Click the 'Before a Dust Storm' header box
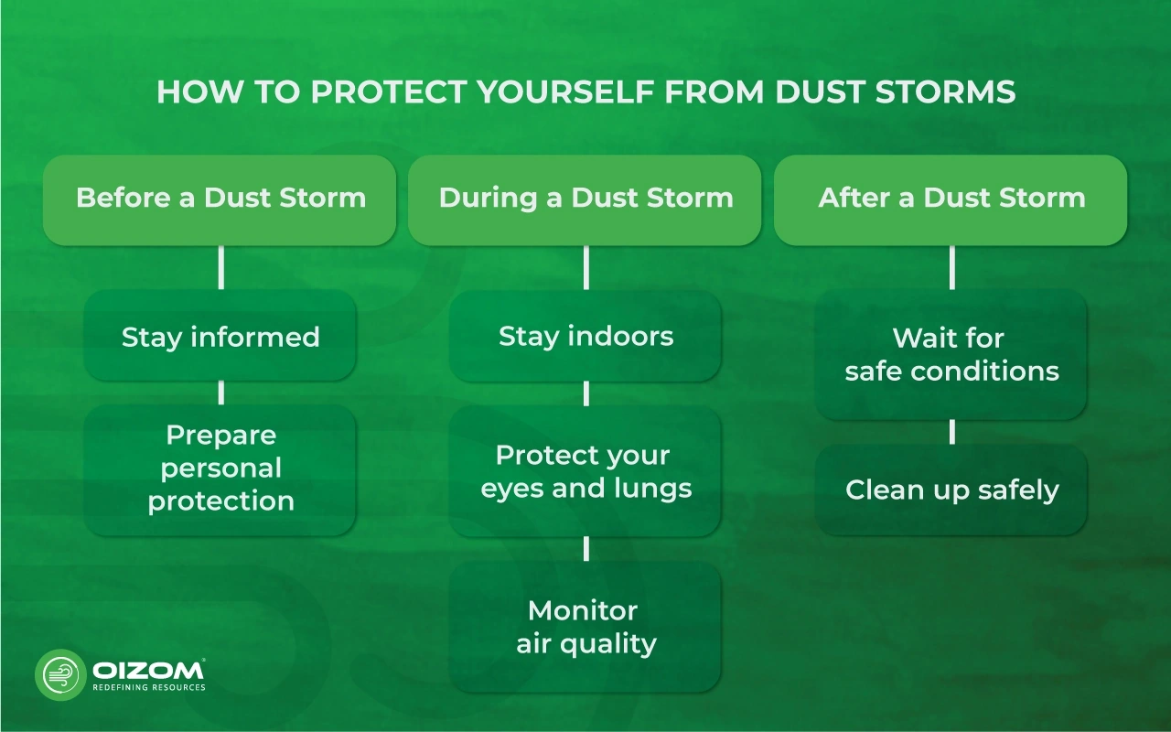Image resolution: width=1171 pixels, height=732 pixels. pyautogui.click(x=220, y=199)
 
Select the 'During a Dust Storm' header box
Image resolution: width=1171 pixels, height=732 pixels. pyautogui.click(x=585, y=199)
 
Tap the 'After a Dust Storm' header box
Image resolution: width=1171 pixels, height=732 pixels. pyautogui.click(x=951, y=199)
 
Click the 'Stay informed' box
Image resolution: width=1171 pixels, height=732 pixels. pyautogui.click(x=220, y=336)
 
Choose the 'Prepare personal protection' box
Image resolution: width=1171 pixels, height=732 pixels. pyautogui.click(x=220, y=468)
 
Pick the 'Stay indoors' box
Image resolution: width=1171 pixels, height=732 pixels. pyautogui.click(x=585, y=336)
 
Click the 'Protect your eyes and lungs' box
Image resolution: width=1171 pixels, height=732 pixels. pyautogui.click(x=585, y=471)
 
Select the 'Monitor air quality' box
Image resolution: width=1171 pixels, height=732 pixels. pyautogui.click(x=585, y=627)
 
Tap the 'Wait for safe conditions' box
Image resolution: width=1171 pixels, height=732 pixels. pyautogui.click(x=951, y=354)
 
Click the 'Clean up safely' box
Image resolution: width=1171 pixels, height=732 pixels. pyautogui.click(x=951, y=490)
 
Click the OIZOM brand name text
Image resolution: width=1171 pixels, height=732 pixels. pyautogui.click(x=146, y=670)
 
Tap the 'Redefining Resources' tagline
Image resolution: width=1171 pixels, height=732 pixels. pyautogui.click(x=148, y=687)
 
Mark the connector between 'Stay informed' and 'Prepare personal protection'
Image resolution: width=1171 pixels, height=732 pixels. pyautogui.click(x=220, y=393)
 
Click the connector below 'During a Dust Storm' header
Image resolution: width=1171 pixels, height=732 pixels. pyautogui.click(x=585, y=267)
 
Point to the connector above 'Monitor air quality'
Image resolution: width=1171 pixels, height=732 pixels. pyautogui.click(x=585, y=548)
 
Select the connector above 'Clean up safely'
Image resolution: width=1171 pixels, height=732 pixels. pyautogui.click(x=951, y=432)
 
